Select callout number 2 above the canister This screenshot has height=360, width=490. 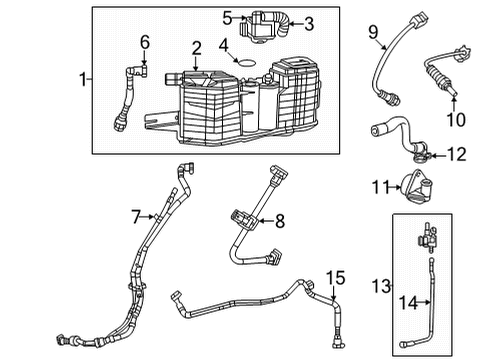point(197,47)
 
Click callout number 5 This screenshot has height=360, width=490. point(228,17)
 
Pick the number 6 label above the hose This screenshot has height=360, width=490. point(145,41)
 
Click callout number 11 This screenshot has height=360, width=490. point(378,186)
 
